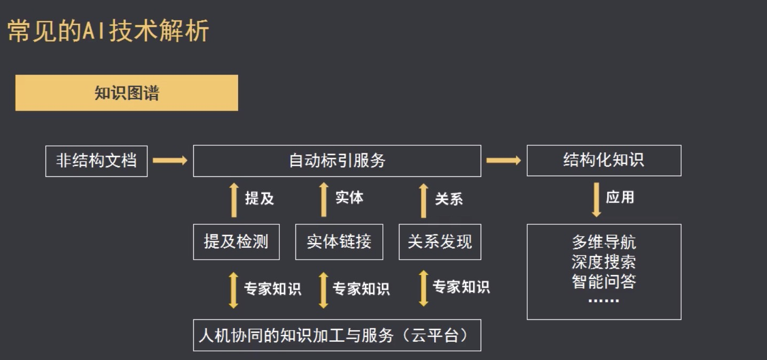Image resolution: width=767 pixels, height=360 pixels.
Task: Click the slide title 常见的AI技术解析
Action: pos(108,32)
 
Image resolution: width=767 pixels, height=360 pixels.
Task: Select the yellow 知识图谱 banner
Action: pos(127,93)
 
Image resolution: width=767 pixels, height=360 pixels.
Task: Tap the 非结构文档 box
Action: pos(96,160)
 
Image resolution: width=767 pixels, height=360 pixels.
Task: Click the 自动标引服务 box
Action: pos(337,160)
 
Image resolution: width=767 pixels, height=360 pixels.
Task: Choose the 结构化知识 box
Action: pos(604,160)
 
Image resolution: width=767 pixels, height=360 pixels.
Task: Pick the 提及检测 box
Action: pos(236,242)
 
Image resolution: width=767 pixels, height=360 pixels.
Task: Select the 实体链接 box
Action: pos(339,242)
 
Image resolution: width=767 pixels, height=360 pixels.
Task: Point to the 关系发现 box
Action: pos(440,242)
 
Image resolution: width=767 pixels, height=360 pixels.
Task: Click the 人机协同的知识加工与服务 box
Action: pos(337,335)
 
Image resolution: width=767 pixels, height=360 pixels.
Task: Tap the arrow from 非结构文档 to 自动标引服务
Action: pos(170,160)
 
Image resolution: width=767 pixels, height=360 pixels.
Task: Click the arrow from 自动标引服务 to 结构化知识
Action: pos(503,160)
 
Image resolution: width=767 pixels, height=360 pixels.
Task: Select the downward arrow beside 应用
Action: pos(597,200)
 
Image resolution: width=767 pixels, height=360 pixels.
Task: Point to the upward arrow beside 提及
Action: pos(234,200)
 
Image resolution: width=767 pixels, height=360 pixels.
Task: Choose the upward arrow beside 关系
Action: pos(424,200)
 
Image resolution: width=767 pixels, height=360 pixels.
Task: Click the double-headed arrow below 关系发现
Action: pos(424,288)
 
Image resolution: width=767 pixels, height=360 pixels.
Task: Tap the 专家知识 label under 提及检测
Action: pos(272,289)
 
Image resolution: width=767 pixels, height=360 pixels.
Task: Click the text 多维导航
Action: pos(604,242)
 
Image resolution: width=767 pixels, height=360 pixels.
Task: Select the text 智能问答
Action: pos(604,281)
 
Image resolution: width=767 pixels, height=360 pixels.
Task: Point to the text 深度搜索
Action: pos(604,262)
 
